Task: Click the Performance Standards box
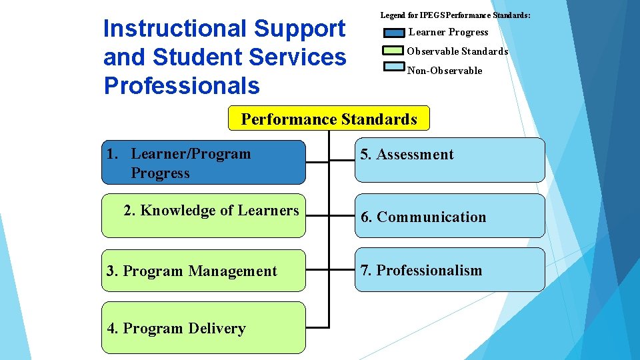tap(329, 119)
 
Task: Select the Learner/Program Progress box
tap(203, 162)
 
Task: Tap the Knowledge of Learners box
tap(203, 215)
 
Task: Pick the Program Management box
tap(203, 271)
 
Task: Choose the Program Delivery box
tap(203, 327)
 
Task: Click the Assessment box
tap(449, 160)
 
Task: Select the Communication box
tap(449, 216)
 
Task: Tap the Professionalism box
tap(449, 270)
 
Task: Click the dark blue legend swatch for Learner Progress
tap(394, 33)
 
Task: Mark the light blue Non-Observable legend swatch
tap(394, 67)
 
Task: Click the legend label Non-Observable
tap(445, 71)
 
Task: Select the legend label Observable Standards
tap(457, 51)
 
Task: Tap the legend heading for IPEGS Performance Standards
tap(455, 15)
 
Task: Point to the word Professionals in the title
tap(182, 85)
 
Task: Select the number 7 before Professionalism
tap(365, 270)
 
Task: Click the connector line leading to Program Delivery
tap(317, 327)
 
